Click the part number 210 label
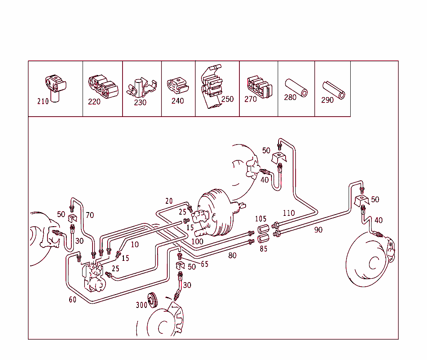[x=43, y=101]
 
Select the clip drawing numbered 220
[x=103, y=88]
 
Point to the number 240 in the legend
[x=178, y=101]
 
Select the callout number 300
[x=142, y=305]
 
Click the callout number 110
[x=289, y=213]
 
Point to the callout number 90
[x=318, y=230]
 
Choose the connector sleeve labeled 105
[x=264, y=229]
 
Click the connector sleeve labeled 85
[x=263, y=239]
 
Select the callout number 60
[x=73, y=300]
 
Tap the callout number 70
[x=90, y=215]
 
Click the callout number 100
[x=197, y=241]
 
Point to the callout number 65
[x=204, y=264]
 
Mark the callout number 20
[x=168, y=201]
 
